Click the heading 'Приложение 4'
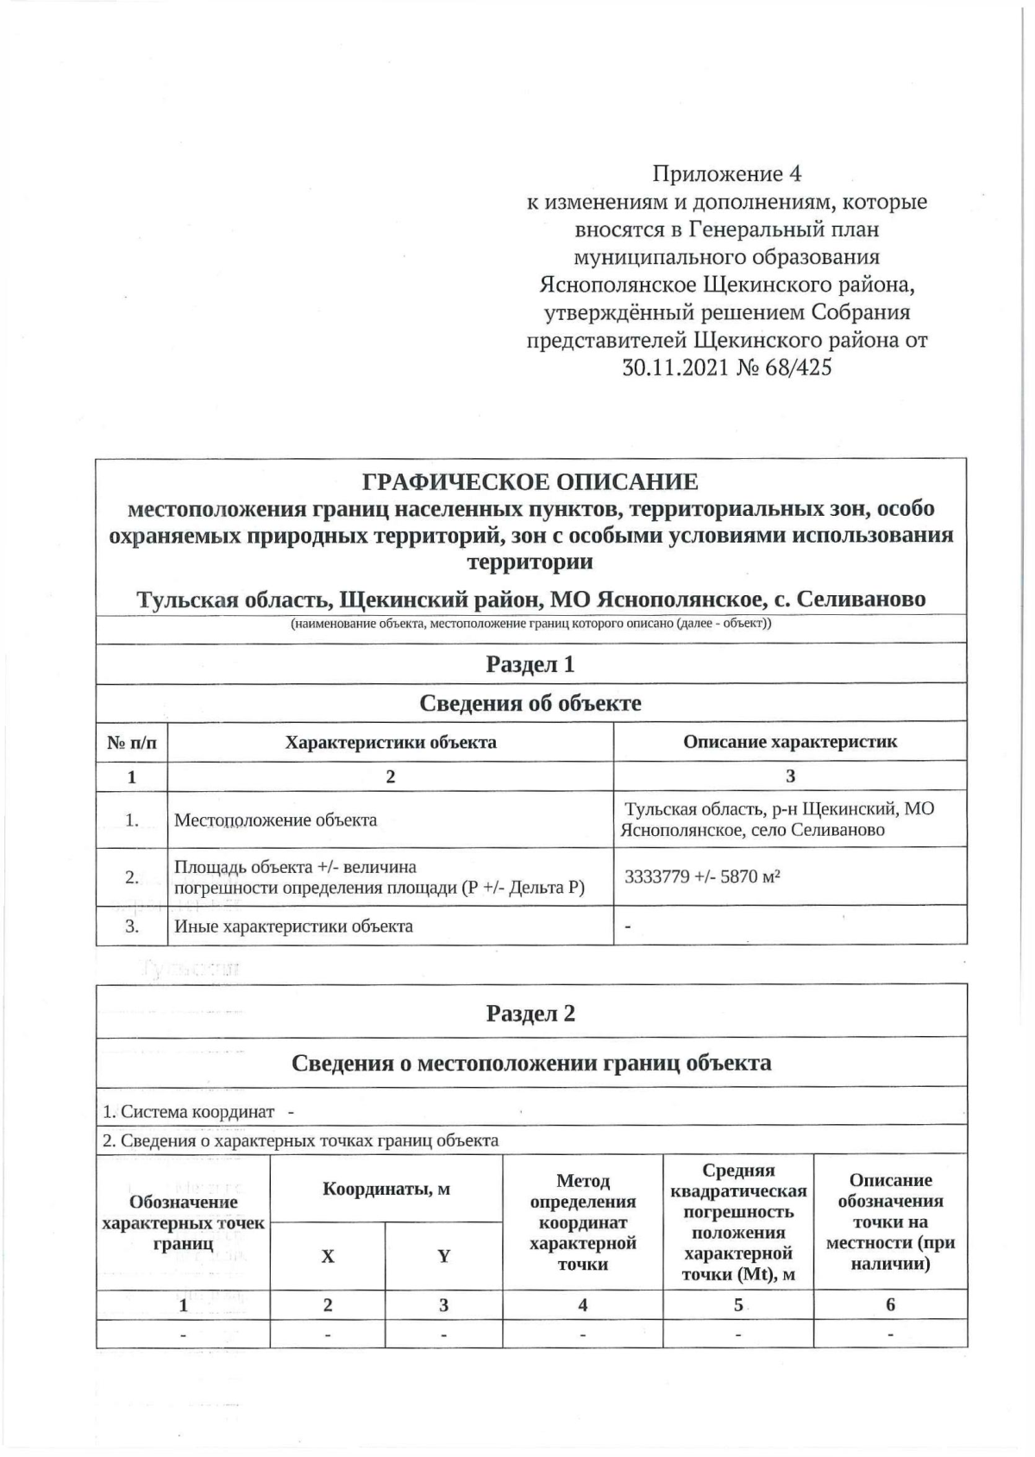point(726,174)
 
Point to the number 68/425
point(798,367)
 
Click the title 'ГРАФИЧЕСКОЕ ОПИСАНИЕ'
point(530,481)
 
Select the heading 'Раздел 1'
point(530,664)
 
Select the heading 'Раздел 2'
point(530,1013)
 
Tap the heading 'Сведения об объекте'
point(530,703)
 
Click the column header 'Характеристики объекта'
point(391,742)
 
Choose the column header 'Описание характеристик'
point(790,741)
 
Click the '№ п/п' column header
point(132,742)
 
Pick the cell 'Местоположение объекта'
point(275,820)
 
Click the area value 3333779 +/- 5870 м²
point(702,876)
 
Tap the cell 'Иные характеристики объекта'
point(293,926)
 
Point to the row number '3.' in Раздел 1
point(132,926)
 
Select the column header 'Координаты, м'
point(386,1190)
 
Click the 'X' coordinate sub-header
point(328,1256)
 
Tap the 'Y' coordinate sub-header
point(443,1256)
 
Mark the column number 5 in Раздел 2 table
point(738,1304)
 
